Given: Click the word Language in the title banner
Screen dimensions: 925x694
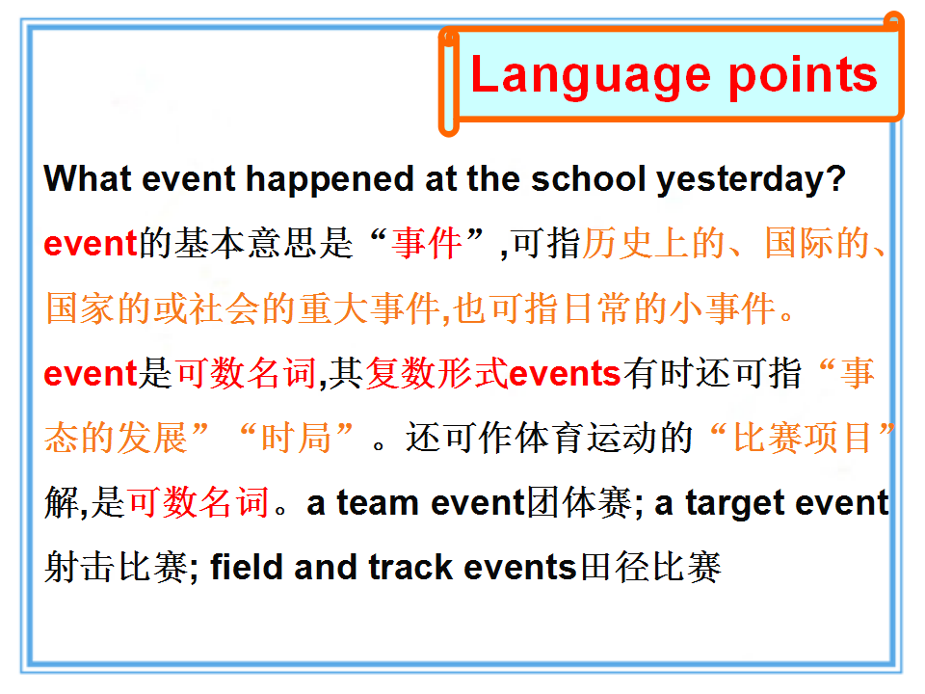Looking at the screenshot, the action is pyautogui.click(x=591, y=75).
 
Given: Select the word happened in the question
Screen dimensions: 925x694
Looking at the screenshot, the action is pyautogui.click(x=330, y=180).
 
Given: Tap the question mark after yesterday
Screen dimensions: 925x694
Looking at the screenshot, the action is pyautogui.click(x=835, y=178).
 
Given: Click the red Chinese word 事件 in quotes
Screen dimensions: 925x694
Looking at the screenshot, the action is pyautogui.click(x=427, y=243).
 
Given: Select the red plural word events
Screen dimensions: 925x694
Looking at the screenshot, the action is pyautogui.click(x=565, y=374).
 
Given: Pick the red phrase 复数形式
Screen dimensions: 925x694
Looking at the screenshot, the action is pyautogui.click(x=437, y=374).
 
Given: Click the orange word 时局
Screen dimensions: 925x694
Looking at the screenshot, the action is pyautogui.click(x=296, y=438).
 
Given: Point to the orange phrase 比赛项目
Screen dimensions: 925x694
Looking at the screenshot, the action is pyautogui.click(x=803, y=438).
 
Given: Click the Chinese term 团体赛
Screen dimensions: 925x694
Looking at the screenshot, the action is pyautogui.click(x=579, y=503).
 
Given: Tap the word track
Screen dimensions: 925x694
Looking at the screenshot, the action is pyautogui.click(x=410, y=567).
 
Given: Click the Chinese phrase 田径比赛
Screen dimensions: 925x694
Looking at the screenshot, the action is pyautogui.click(x=650, y=567).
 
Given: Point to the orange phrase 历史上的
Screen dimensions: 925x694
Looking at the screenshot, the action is pyautogui.click(x=653, y=243).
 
